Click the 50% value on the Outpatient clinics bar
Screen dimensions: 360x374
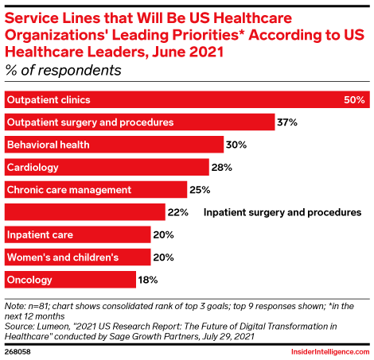pyautogui.click(x=354, y=100)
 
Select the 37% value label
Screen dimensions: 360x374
pyautogui.click(x=287, y=122)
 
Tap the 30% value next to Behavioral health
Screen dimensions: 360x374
pyautogui.click(x=236, y=145)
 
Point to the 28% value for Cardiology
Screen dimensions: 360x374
pyautogui.click(x=221, y=168)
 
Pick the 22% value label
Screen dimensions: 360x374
pyautogui.click(x=177, y=212)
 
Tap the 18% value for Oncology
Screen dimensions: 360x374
pyautogui.click(x=148, y=280)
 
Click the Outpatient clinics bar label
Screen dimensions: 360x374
pyautogui.click(x=48, y=100)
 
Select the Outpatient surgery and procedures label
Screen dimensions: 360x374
pyautogui.click(x=90, y=122)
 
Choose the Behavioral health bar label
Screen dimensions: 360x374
pyautogui.click(x=48, y=145)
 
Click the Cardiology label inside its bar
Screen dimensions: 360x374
pyautogui.click(x=33, y=168)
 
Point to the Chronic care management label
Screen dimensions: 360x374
pyautogui.click(x=68, y=190)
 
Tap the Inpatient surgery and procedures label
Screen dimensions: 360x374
pyautogui.click(x=282, y=212)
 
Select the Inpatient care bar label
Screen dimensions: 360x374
pyautogui.click(x=40, y=235)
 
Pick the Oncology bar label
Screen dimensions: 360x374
pyautogui.click(x=29, y=280)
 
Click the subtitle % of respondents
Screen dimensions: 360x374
pyautogui.click(x=64, y=71)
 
